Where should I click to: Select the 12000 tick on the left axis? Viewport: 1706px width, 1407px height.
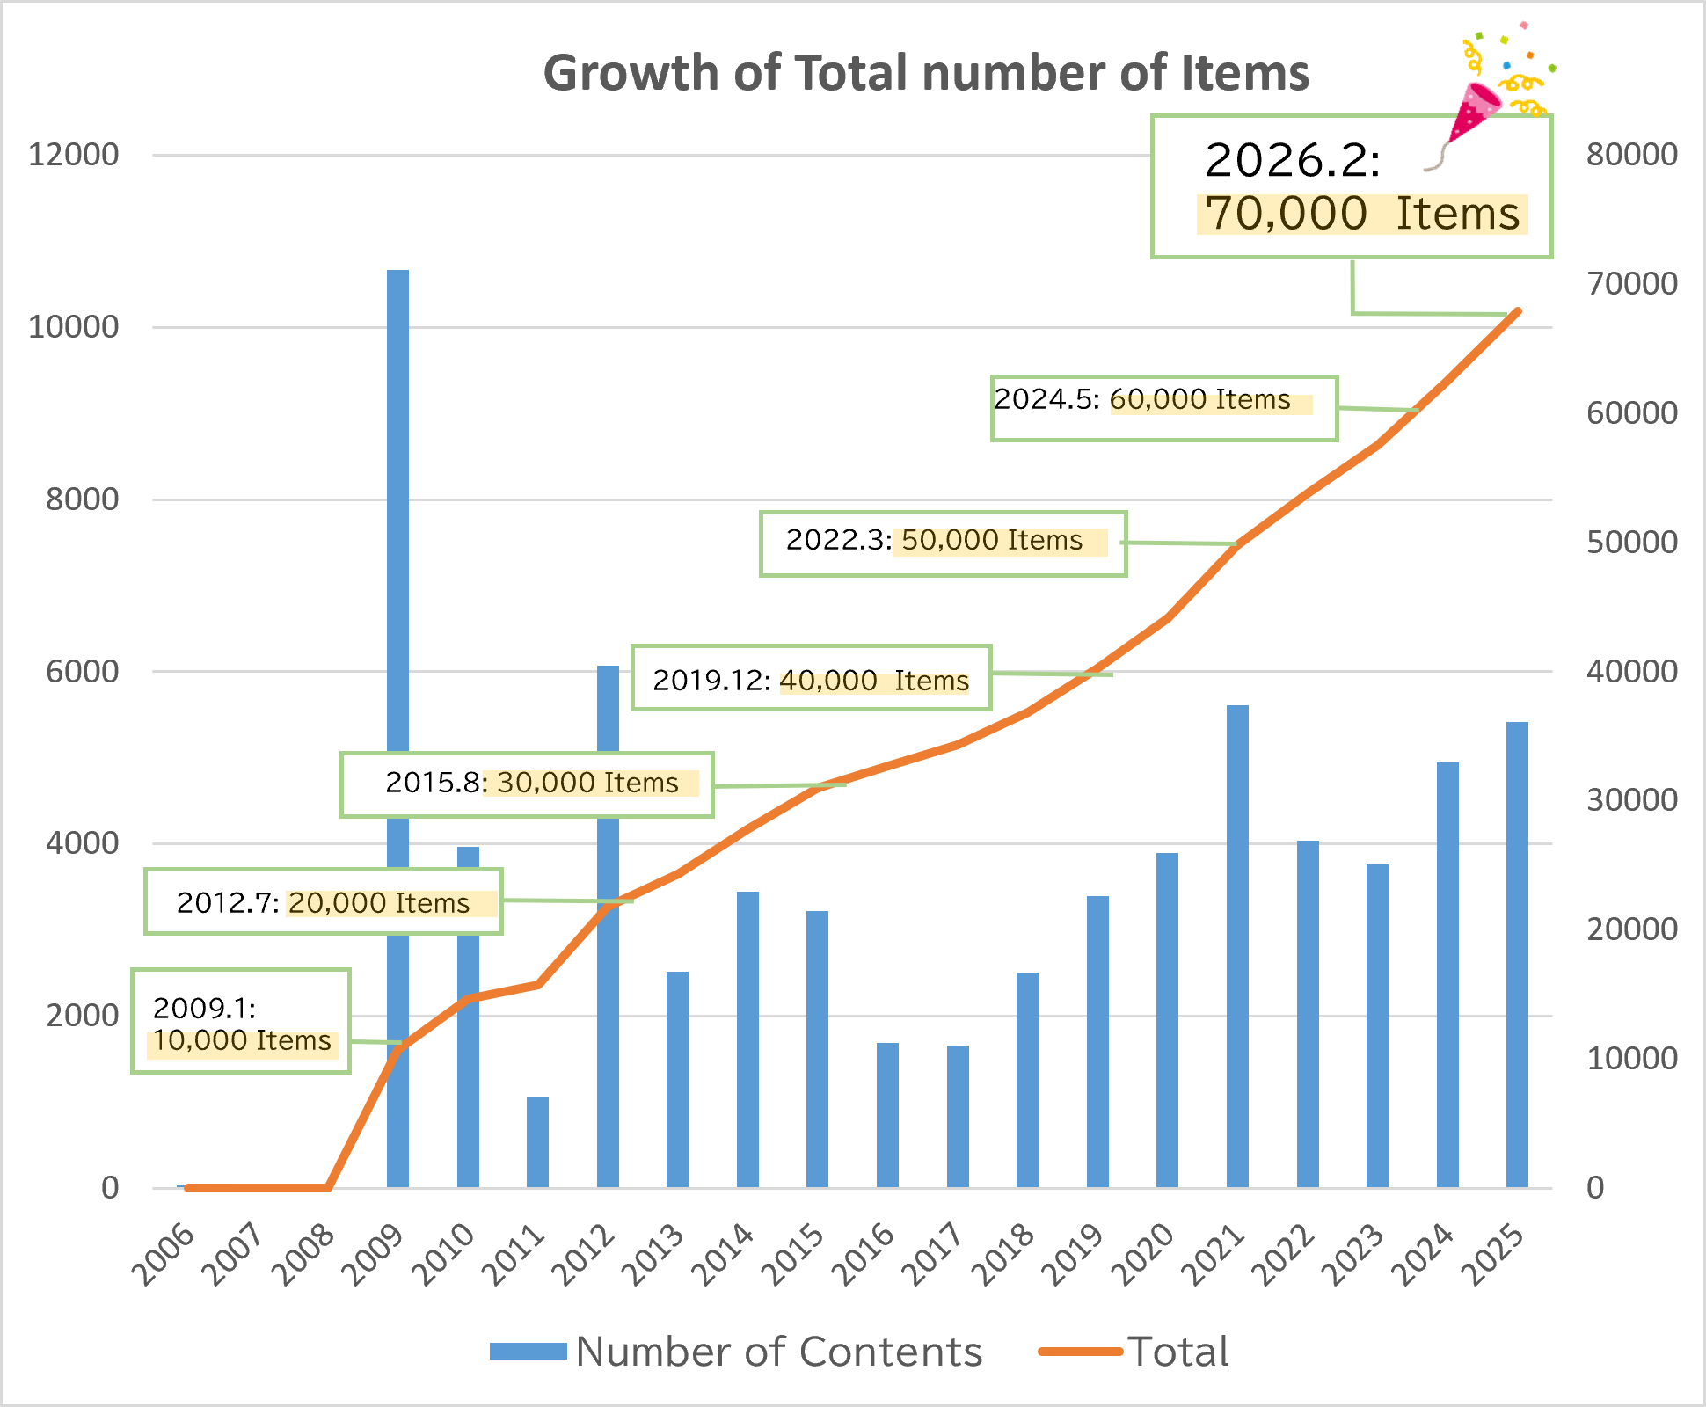73,155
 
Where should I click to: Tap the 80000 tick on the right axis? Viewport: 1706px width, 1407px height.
1631,155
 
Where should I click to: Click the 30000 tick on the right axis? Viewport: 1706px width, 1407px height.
1631,800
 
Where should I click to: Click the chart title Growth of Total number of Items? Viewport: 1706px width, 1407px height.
925,72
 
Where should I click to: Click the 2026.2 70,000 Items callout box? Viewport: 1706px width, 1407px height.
1351,187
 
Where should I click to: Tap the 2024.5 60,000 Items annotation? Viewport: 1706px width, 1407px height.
1163,408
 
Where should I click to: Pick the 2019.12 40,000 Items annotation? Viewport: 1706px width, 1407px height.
811,678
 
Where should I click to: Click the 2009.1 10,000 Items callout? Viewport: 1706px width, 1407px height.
241,1021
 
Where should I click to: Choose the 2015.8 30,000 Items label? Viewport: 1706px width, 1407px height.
527,784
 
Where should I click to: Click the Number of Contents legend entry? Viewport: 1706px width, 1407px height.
736,1352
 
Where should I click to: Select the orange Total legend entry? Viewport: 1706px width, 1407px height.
1134,1352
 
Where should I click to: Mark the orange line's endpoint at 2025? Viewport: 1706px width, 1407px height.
1518,311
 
